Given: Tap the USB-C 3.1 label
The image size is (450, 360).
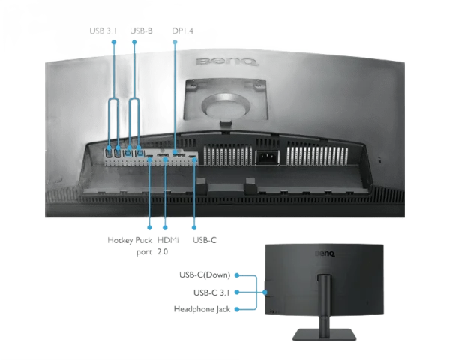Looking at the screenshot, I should pos(211,292).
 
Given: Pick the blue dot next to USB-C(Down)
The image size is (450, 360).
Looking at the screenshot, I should pos(237,276).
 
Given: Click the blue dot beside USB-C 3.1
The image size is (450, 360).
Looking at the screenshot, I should pos(237,292).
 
